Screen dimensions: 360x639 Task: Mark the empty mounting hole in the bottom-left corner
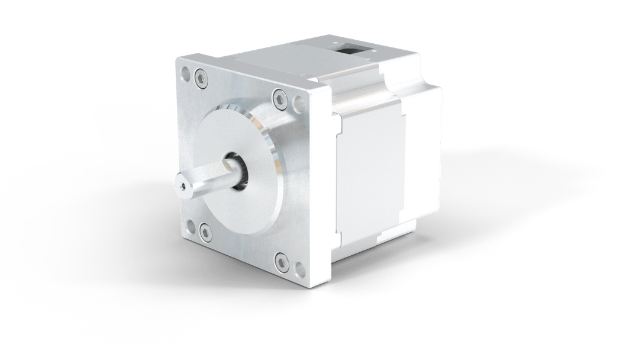[191, 225]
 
